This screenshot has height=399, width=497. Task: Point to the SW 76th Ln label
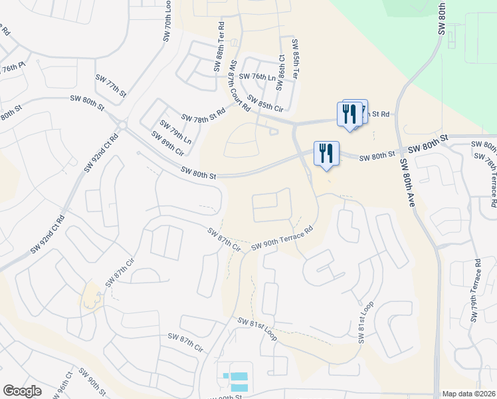point(257,77)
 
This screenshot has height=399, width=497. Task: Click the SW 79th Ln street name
point(175,132)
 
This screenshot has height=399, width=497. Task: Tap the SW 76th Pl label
point(13,69)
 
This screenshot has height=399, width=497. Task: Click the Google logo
point(22,391)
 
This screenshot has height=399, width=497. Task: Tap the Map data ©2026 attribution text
point(468,394)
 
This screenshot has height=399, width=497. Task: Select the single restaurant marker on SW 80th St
point(326,154)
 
